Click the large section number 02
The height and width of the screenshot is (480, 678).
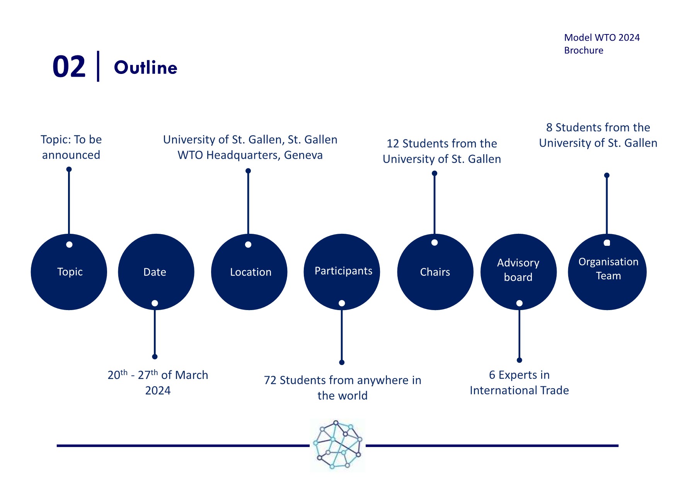click(x=69, y=67)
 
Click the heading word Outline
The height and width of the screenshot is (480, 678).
click(x=146, y=68)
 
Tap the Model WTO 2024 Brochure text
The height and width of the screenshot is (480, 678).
click(x=602, y=44)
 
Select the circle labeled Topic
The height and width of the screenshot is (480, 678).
click(x=69, y=272)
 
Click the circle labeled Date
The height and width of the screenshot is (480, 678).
click(x=156, y=272)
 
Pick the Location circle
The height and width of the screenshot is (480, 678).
click(x=249, y=272)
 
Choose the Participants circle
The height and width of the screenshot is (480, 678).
click(x=342, y=272)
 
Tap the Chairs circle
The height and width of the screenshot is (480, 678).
click(x=435, y=272)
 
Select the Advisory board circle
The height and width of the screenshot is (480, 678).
click(x=518, y=272)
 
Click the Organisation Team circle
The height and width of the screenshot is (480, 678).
click(x=607, y=272)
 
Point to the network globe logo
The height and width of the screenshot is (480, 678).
click(x=337, y=445)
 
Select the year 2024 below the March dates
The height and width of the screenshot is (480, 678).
click(x=158, y=391)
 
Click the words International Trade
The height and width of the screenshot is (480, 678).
click(x=519, y=390)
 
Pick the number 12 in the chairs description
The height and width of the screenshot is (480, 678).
click(x=393, y=144)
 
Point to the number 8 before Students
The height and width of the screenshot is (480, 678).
click(x=549, y=127)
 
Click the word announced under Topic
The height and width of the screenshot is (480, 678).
click(x=71, y=155)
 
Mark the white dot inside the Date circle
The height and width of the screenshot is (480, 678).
click(x=155, y=303)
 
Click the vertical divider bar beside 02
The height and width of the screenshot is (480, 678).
click(x=98, y=66)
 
